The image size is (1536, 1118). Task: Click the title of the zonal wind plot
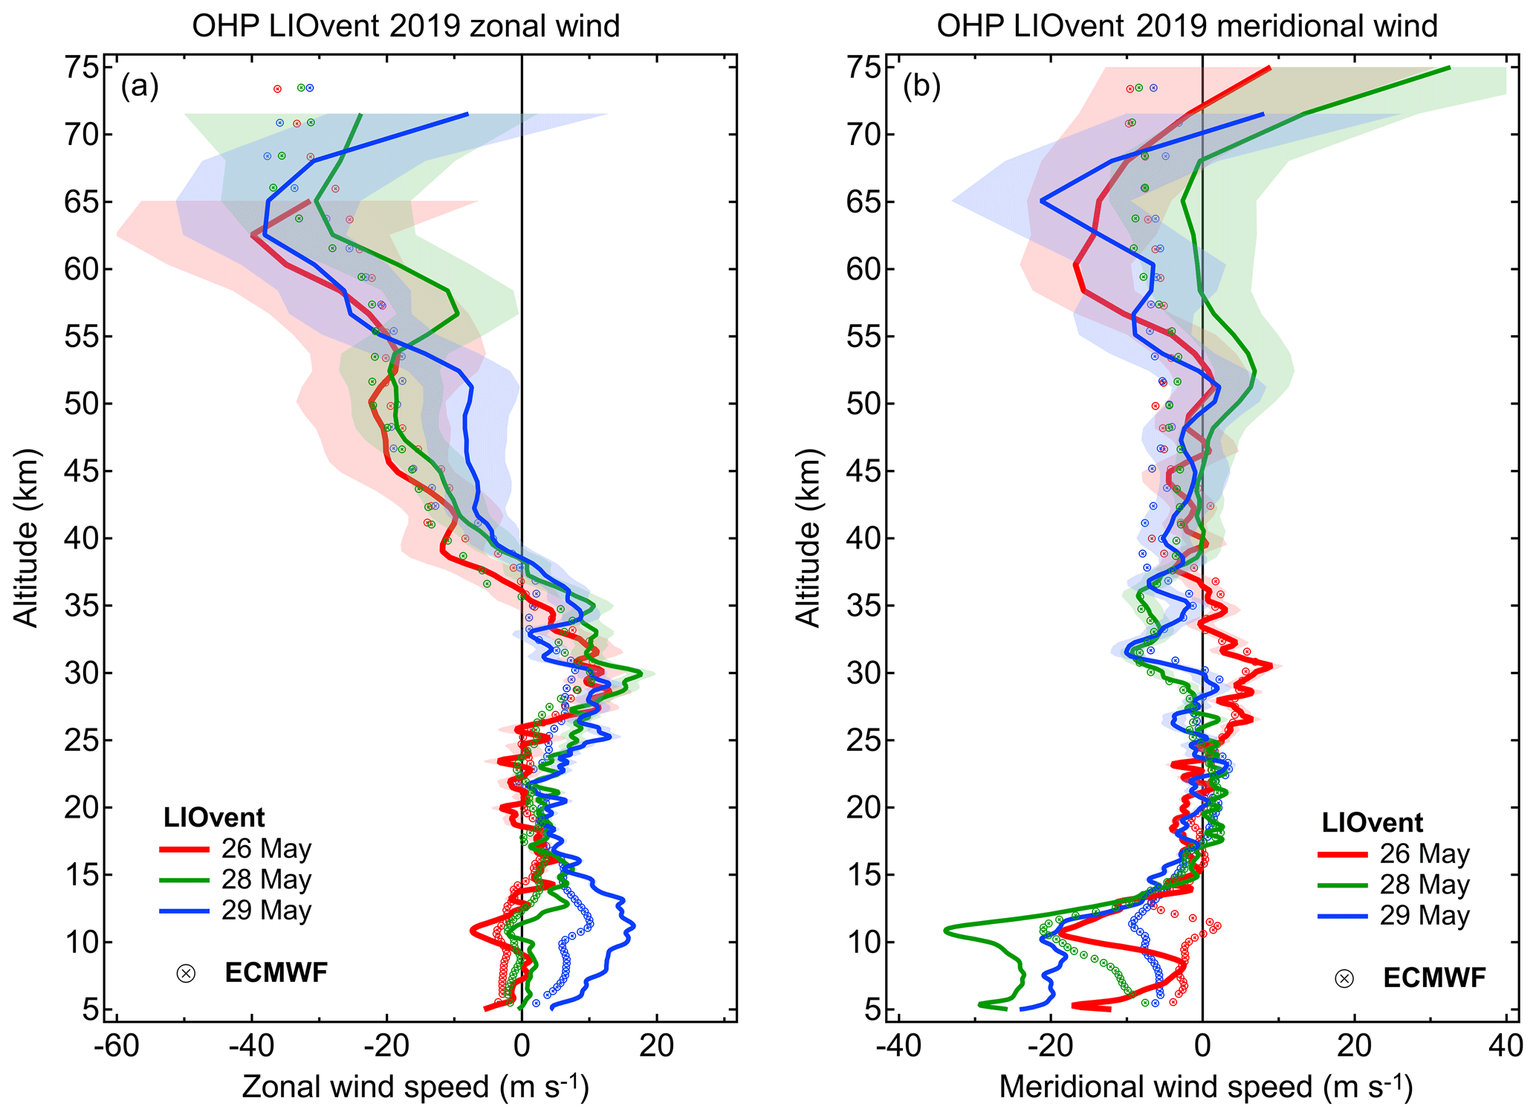(406, 26)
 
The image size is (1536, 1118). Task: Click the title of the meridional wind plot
(1187, 26)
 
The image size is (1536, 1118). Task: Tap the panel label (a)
(140, 87)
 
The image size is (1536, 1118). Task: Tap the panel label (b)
(921, 87)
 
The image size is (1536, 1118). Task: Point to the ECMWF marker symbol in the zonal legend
(186, 973)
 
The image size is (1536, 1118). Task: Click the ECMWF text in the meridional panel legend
(1434, 978)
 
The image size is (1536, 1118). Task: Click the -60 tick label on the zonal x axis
(116, 1046)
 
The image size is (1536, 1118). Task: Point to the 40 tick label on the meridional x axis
(1506, 1046)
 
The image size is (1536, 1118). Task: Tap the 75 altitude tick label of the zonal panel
(81, 68)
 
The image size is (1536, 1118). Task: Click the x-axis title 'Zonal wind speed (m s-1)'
(415, 1087)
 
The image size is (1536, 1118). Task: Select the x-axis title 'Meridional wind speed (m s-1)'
(1205, 1087)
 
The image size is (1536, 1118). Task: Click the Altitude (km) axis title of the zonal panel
(27, 538)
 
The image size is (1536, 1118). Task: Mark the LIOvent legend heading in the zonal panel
(214, 818)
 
